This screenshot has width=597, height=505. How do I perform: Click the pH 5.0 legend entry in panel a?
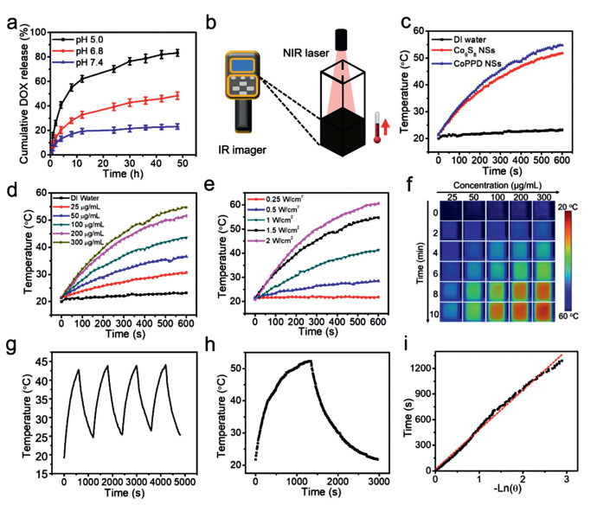87,38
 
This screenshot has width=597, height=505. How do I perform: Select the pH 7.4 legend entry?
87,62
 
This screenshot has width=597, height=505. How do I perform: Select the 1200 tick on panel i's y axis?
421,365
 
